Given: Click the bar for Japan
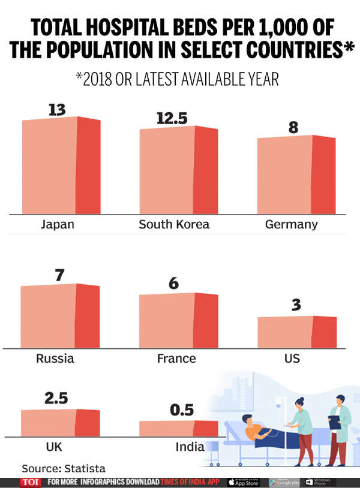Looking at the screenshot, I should pyautogui.click(x=61, y=166).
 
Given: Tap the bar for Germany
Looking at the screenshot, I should pyautogui.click(x=296, y=175).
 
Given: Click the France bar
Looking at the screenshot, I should pyautogui.click(x=178, y=320).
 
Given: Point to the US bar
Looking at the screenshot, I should pyautogui.click(x=296, y=332).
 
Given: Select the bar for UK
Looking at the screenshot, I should pyautogui.click(x=60, y=423).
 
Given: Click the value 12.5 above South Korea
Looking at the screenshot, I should pyautogui.click(x=172, y=118).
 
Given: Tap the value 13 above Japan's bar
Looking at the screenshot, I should pyautogui.click(x=57, y=109).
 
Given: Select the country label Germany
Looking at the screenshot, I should pyautogui.click(x=291, y=225).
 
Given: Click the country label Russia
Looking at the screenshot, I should pyautogui.click(x=55, y=359).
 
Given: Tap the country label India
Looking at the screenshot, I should pyautogui.click(x=190, y=447).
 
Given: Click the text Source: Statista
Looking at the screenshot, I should pyautogui.click(x=59, y=468).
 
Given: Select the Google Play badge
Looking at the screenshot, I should pyautogui.click(x=284, y=482).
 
